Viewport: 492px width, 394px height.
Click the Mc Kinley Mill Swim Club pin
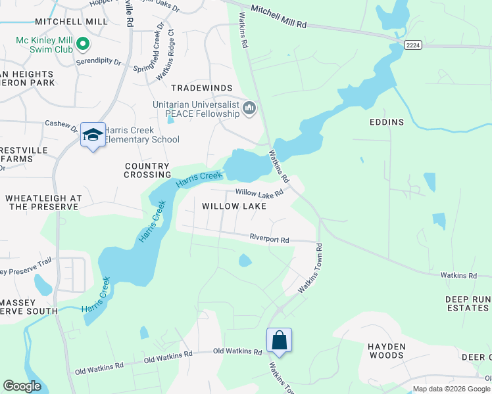(82, 45)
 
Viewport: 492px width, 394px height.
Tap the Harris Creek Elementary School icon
(93, 135)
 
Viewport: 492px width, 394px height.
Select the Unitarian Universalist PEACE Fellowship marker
(249, 107)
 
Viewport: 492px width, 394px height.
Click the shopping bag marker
(279, 341)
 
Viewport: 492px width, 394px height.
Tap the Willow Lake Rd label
(259, 194)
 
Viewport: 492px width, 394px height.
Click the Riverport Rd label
(269, 239)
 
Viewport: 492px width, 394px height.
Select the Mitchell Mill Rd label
(278, 24)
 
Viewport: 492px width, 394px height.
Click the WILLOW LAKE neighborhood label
(234, 206)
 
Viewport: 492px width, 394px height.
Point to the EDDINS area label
(386, 121)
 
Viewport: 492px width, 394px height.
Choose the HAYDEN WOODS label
(385, 351)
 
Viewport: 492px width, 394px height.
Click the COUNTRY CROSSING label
(147, 171)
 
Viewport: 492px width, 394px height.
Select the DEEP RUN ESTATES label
(468, 303)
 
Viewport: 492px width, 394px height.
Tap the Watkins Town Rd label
(310, 269)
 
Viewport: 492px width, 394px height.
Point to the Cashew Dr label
(61, 123)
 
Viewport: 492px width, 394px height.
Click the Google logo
(22, 386)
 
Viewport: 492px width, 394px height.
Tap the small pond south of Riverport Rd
(245, 261)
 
